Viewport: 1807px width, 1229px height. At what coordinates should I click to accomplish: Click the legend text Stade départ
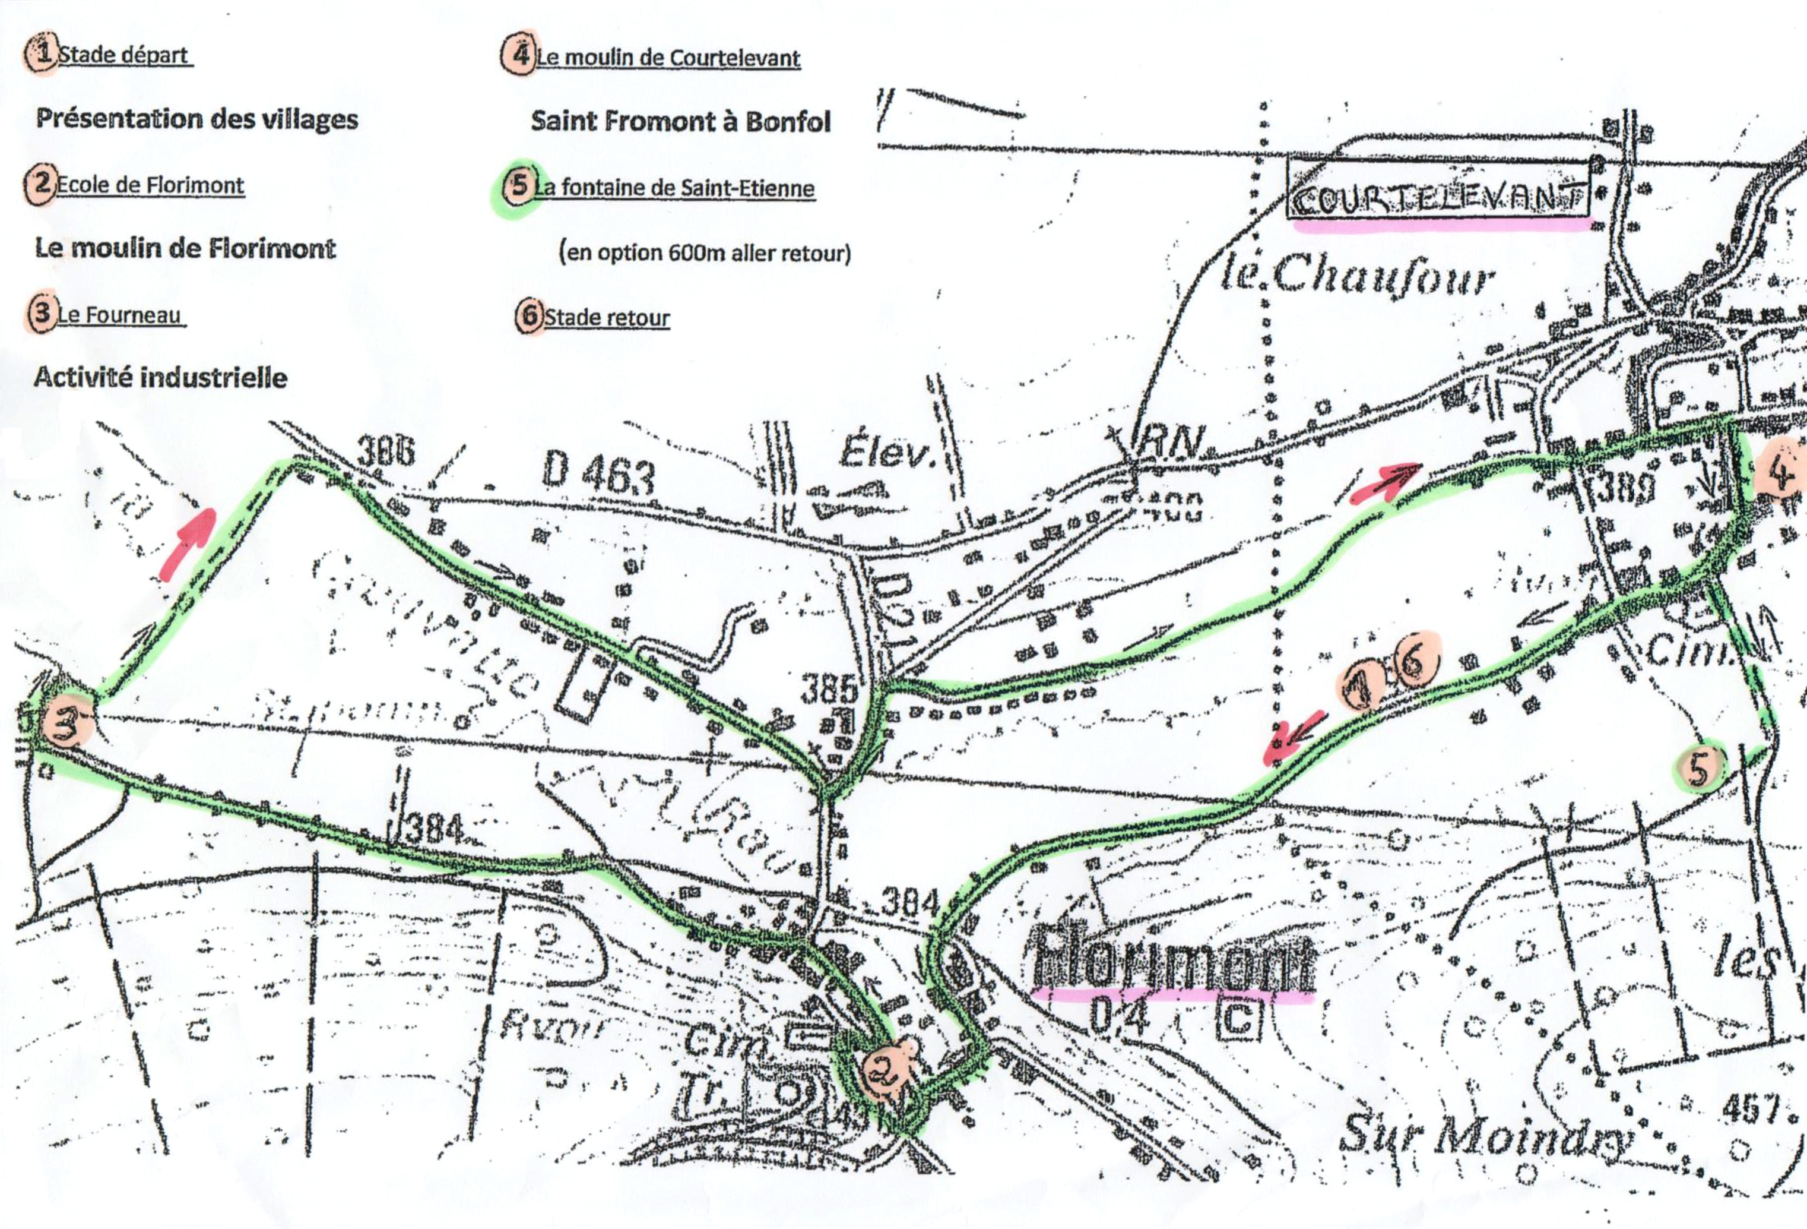(x=125, y=55)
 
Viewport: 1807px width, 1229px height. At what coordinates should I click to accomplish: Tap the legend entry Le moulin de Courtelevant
(x=668, y=58)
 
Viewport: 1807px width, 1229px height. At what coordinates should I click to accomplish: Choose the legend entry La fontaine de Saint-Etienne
(x=673, y=188)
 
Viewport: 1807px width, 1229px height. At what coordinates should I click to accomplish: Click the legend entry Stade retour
(x=607, y=317)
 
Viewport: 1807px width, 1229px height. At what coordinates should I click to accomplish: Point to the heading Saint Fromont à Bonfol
(x=680, y=121)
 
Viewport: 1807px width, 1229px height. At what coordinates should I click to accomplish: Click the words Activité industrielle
(x=161, y=378)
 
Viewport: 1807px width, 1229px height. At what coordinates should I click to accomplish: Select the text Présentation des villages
(x=196, y=119)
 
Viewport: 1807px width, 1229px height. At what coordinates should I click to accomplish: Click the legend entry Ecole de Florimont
(x=151, y=185)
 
